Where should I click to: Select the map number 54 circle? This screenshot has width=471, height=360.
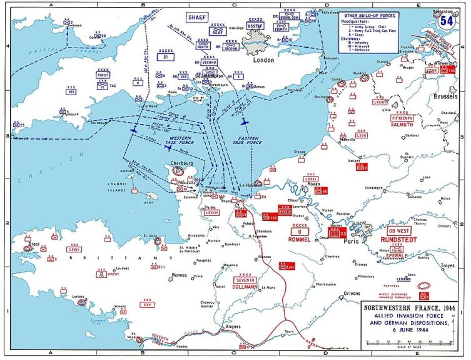tap(446, 19)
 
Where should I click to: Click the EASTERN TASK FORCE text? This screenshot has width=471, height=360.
tap(250, 135)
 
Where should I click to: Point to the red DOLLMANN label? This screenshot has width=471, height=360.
tap(245, 287)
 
